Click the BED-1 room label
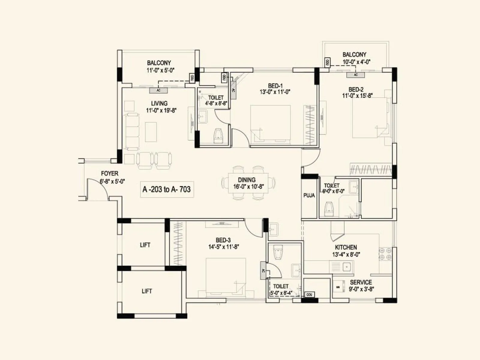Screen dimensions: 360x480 (275, 86)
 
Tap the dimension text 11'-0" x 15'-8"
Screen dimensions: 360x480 (357, 96)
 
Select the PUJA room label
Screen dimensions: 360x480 (309, 196)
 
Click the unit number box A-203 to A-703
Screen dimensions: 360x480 (167, 189)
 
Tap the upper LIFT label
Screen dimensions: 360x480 (145, 245)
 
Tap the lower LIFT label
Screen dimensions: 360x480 (147, 291)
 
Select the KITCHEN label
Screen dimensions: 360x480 (346, 247)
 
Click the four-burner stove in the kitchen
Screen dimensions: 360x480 (385, 254)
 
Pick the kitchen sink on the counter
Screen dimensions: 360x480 (347, 266)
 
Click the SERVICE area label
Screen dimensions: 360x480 (361, 283)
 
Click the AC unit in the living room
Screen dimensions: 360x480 (158, 91)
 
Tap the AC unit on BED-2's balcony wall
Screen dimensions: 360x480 (355, 75)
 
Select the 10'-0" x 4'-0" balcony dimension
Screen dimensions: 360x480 (356, 62)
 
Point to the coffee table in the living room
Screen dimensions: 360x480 (151, 132)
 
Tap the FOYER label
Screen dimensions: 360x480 (109, 173)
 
